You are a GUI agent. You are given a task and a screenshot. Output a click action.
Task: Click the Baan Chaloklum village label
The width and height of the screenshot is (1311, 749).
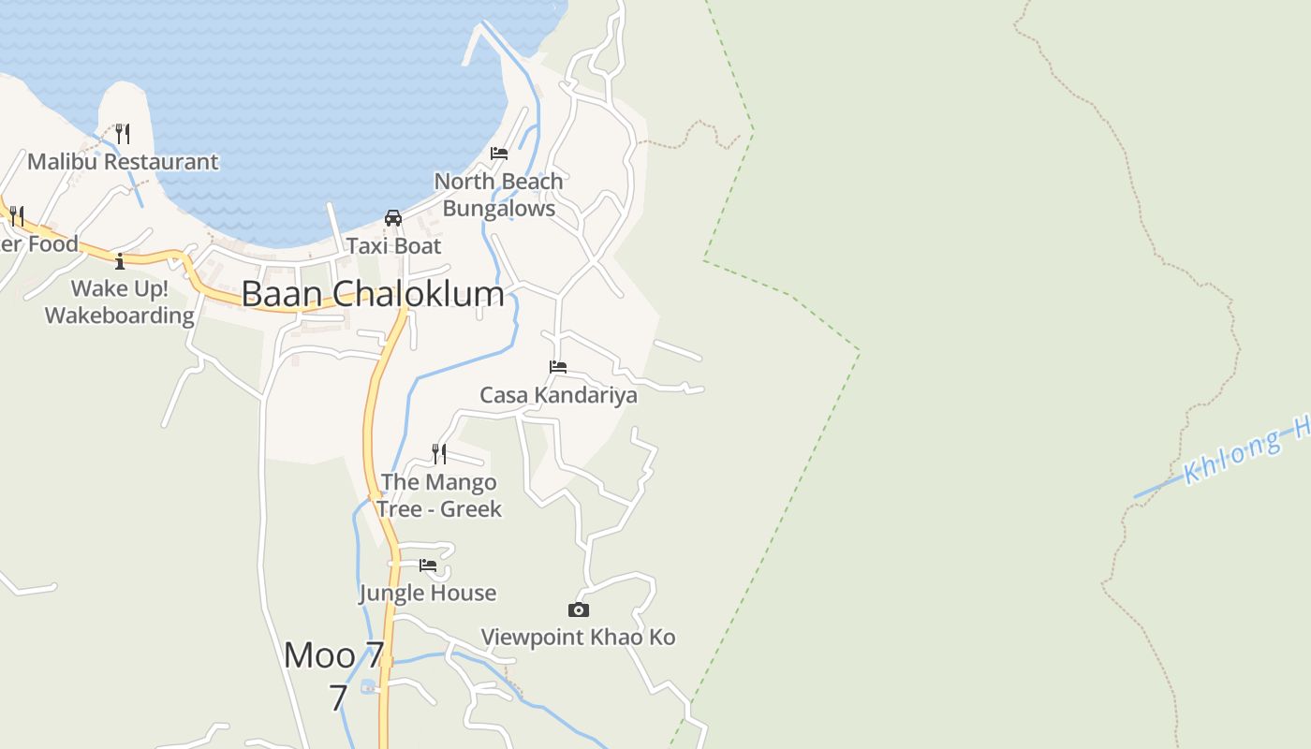click(x=373, y=294)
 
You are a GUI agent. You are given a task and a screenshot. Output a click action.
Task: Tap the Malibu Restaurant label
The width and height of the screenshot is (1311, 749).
click(x=123, y=162)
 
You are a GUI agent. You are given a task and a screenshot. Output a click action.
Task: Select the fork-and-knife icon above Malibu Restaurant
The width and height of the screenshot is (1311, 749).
click(x=123, y=133)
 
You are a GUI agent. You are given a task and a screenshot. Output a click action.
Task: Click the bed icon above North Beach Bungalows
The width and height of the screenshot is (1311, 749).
click(x=499, y=154)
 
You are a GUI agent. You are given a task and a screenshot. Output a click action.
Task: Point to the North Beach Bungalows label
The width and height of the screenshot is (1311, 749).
click(x=498, y=195)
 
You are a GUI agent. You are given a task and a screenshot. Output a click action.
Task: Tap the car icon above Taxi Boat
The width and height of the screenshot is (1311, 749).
click(x=393, y=218)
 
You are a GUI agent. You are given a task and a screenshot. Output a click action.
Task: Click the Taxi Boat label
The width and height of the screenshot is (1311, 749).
click(x=393, y=246)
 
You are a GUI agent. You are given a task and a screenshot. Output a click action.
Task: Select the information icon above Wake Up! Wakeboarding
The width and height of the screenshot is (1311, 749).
click(x=120, y=260)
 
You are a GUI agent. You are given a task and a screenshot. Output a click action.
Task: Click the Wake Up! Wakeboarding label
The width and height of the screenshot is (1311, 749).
click(x=120, y=301)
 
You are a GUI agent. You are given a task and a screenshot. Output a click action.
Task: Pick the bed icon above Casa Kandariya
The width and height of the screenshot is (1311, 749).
click(x=558, y=367)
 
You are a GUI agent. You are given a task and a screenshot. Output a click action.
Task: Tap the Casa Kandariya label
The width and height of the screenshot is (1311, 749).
click(x=558, y=395)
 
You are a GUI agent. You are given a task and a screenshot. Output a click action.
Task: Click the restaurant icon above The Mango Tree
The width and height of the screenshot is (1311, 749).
click(x=438, y=454)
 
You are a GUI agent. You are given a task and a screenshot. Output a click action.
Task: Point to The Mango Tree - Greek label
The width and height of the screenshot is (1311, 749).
click(x=439, y=495)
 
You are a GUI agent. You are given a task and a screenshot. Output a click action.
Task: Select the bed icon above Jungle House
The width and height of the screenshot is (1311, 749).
click(x=428, y=565)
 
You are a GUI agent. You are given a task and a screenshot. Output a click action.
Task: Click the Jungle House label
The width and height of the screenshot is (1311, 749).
click(x=428, y=593)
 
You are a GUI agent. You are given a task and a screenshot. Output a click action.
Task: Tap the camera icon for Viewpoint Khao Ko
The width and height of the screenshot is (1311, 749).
click(x=579, y=610)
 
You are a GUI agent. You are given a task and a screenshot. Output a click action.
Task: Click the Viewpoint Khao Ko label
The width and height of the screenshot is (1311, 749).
click(x=578, y=638)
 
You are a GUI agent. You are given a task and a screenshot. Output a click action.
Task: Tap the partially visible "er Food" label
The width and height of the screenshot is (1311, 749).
click(x=38, y=244)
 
